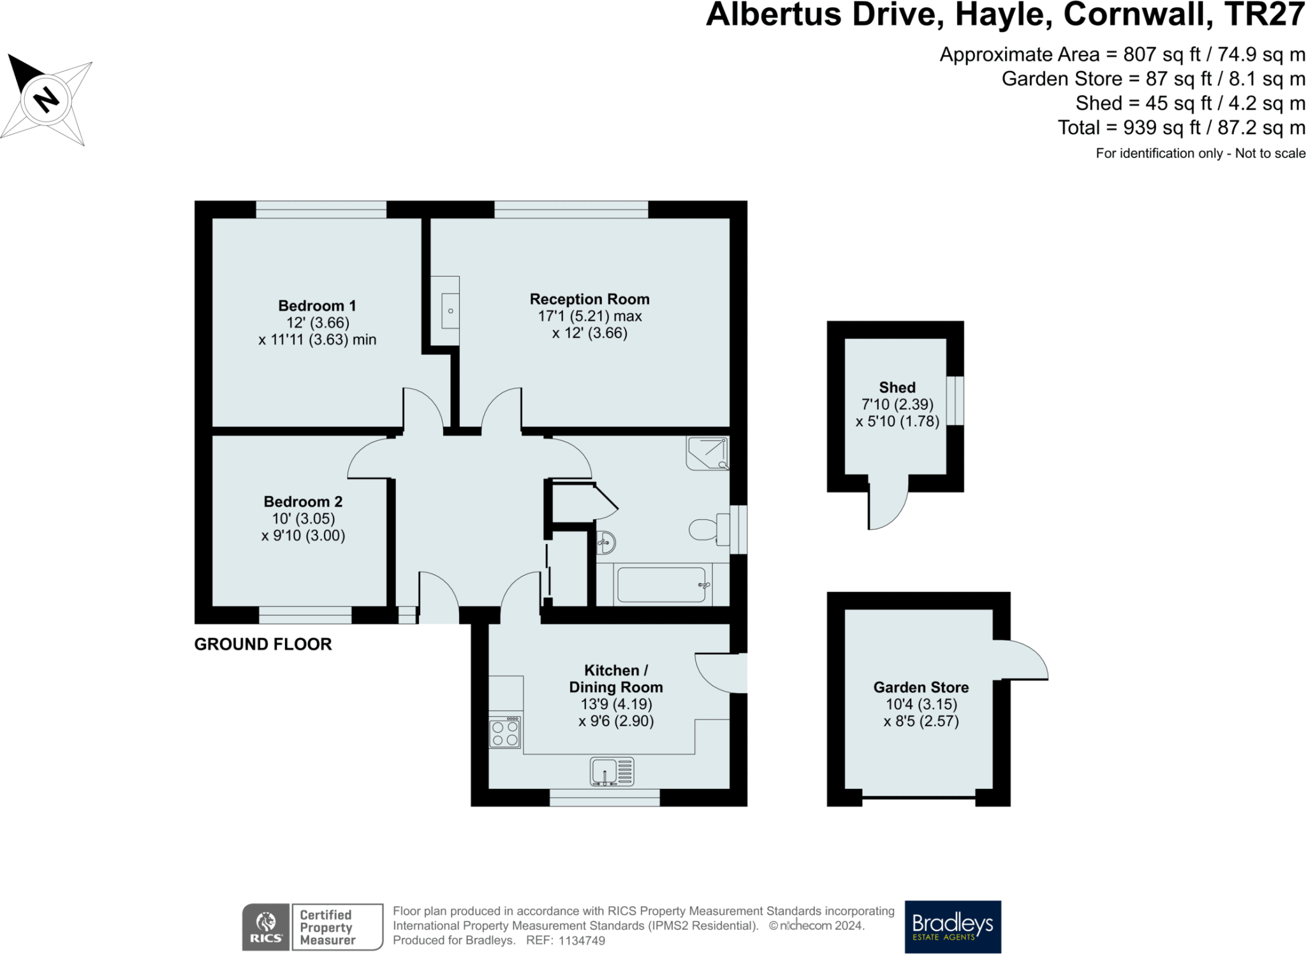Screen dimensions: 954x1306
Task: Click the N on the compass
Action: (46, 100)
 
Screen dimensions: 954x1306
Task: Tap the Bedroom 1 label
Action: (317, 305)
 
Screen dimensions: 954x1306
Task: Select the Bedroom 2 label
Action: (303, 501)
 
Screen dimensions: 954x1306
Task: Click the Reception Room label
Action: (589, 299)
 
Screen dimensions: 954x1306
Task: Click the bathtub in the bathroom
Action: (662, 585)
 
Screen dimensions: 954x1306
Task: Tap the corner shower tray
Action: (708, 453)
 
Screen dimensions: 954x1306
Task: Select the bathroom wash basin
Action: (606, 543)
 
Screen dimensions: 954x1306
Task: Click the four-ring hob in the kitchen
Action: (505, 733)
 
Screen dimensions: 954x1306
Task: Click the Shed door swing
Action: (887, 507)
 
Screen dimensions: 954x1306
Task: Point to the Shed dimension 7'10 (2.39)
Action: (897, 404)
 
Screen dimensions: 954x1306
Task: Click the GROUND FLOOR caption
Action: (263, 644)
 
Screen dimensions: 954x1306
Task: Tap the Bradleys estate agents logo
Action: (953, 926)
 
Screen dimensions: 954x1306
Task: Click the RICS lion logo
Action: (266, 927)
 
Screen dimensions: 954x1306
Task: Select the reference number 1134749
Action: (582, 941)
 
